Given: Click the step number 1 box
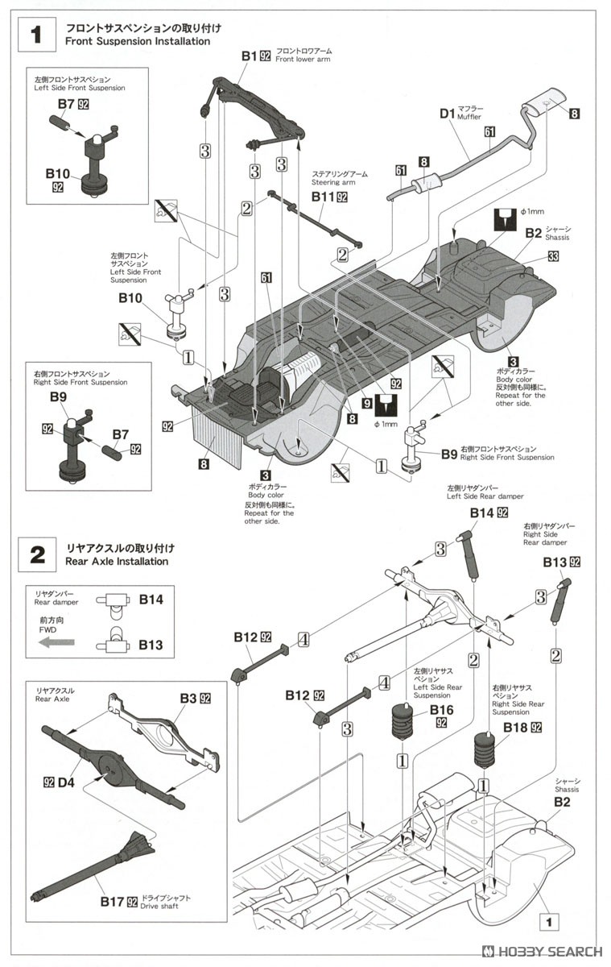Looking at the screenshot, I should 36,34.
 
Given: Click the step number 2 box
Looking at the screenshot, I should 36,554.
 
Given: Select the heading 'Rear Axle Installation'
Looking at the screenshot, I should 119,561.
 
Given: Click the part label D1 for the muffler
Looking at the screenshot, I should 448,114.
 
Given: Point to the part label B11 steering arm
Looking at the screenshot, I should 322,197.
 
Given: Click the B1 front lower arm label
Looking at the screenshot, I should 249,56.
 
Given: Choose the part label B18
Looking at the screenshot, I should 515,728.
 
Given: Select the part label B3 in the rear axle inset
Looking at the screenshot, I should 188,698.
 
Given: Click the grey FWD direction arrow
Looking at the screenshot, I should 56,642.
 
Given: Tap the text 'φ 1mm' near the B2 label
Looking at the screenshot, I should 535,211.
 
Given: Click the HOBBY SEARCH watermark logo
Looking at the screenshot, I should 540,952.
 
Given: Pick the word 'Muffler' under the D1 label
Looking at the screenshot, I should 473,118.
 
